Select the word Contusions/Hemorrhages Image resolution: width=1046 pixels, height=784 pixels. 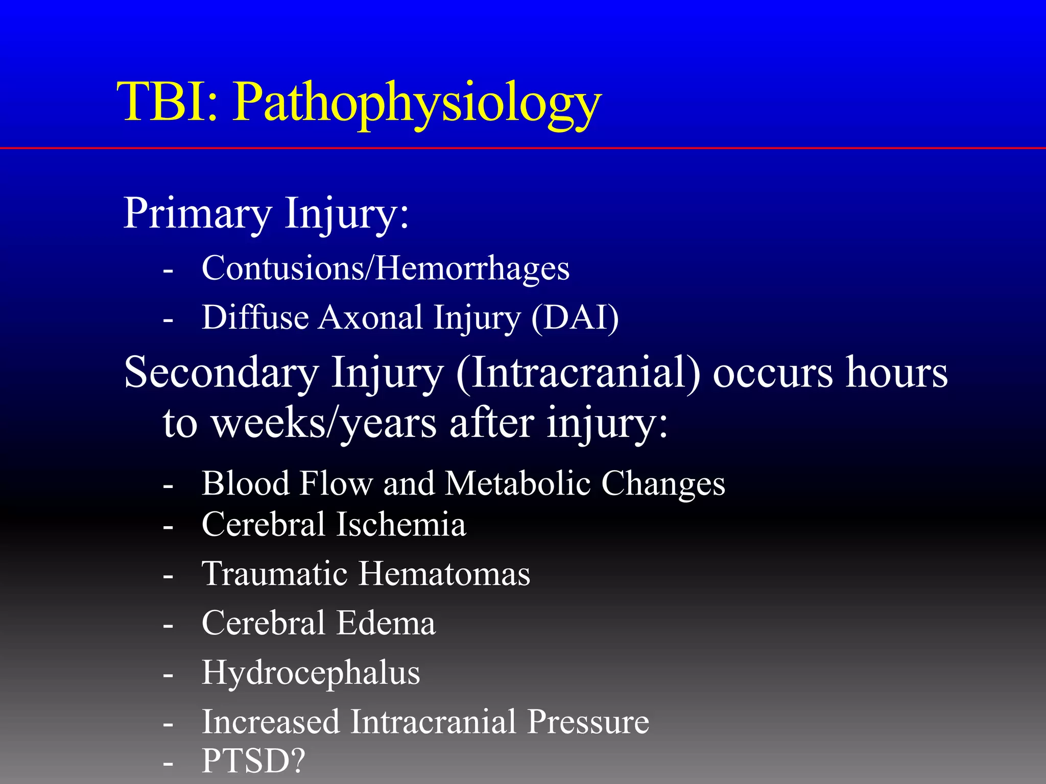tap(386, 268)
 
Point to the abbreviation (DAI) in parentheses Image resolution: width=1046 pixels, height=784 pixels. tap(575, 317)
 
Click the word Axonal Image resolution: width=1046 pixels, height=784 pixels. tap(371, 317)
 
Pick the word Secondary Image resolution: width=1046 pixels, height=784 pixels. tap(221, 373)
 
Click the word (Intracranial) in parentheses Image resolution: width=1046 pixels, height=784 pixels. tap(578, 373)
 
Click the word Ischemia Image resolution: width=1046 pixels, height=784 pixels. tap(401, 524)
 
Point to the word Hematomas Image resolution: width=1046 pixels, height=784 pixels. tap(444, 574)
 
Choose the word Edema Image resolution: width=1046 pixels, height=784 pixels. tap(386, 623)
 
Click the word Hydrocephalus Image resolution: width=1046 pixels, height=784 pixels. tap(311, 673)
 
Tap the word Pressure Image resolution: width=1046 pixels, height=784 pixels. tap(588, 722)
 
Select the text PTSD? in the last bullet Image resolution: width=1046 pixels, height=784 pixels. tap(253, 761)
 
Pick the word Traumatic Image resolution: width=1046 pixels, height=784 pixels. tap(275, 574)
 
